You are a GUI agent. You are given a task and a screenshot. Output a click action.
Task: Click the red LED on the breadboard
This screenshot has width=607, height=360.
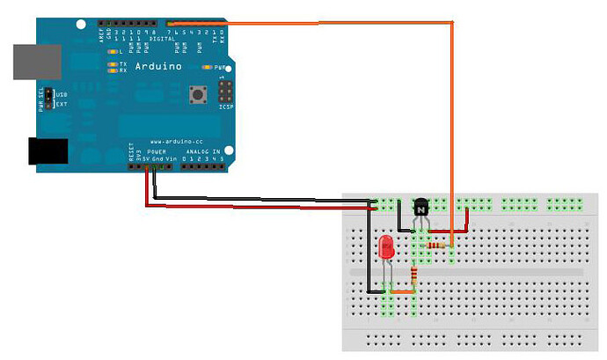[385, 248]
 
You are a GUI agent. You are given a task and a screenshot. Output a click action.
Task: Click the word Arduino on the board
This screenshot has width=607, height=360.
[161, 66]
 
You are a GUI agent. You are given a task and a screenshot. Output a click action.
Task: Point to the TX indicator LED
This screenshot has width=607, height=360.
[112, 64]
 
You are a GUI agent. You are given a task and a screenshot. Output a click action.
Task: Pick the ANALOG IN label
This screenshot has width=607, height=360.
[204, 151]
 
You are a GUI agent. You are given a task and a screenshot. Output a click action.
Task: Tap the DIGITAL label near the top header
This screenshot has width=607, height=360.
[161, 39]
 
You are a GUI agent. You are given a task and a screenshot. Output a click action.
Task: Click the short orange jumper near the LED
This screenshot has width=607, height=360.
[401, 291]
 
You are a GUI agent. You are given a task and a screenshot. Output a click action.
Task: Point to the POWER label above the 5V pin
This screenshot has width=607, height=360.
[156, 151]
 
